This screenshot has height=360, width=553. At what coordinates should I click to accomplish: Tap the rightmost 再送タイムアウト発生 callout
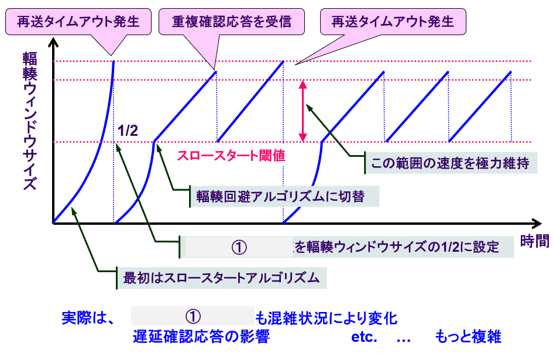(x=393, y=23)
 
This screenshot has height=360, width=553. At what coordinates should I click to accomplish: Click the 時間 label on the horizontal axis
(x=534, y=241)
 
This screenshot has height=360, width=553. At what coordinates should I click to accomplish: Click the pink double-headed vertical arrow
(x=303, y=111)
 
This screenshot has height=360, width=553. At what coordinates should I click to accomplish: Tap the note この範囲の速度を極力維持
(x=449, y=163)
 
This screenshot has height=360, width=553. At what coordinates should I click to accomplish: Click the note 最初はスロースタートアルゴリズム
(x=221, y=277)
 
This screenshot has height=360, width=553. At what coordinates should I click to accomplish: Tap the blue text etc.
(x=364, y=338)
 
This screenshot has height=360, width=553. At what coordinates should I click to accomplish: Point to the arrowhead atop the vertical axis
(x=53, y=43)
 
